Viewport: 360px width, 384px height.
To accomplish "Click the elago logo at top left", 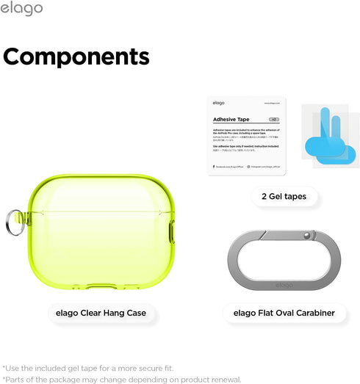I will (x=21, y=9).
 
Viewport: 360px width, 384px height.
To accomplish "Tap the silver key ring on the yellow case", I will (x=13, y=219).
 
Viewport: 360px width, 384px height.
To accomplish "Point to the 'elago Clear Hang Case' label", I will (x=101, y=313).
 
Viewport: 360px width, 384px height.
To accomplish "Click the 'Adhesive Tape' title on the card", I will (x=231, y=117).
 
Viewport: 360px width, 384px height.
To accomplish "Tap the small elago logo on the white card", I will (x=219, y=103).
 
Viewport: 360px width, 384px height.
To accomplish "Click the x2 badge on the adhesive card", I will (x=273, y=118).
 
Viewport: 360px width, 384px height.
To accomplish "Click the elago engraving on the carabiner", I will (x=284, y=285).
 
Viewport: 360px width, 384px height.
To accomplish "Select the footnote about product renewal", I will (x=122, y=379).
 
